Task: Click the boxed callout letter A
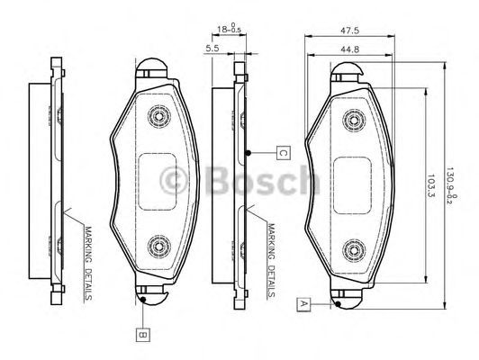coord(303,304)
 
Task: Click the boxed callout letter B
coord(143,335)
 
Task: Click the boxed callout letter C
coord(284,153)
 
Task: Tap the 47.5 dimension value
coord(349,31)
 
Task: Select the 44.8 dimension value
coord(349,49)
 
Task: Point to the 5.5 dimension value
coord(212,48)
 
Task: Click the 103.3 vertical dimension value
coord(430,185)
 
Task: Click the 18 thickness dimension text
coord(229,28)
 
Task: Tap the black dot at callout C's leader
coord(249,153)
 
